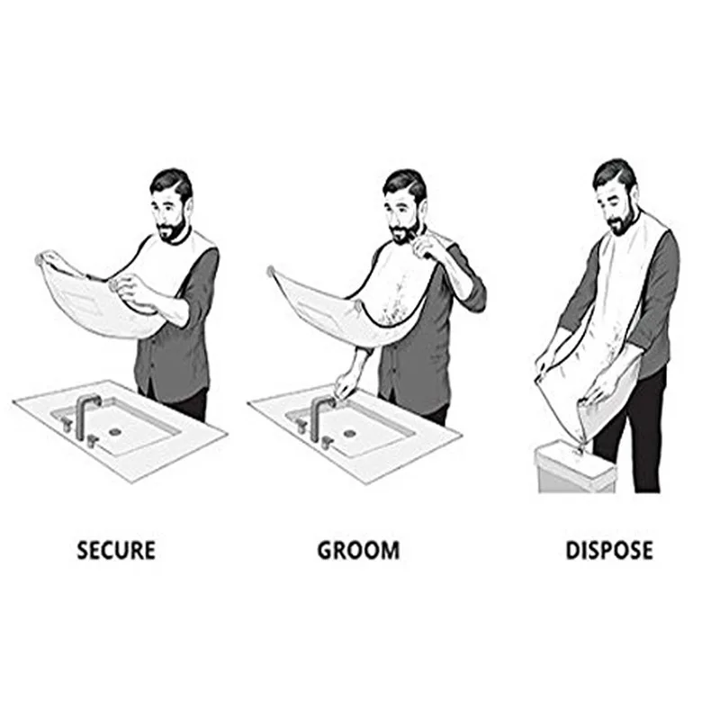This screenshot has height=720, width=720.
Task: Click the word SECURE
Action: (x=116, y=550)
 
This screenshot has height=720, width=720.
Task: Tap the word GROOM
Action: (x=357, y=550)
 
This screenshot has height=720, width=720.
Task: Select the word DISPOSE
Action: (x=608, y=550)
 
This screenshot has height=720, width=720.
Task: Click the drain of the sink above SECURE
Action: (x=114, y=431)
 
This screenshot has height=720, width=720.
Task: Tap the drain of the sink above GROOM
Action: (x=349, y=435)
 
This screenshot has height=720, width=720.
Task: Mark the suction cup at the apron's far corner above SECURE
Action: (x=40, y=259)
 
